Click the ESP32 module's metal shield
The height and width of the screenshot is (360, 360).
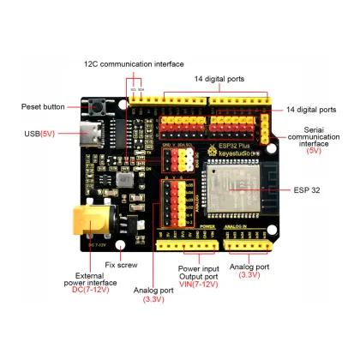pos(227,189)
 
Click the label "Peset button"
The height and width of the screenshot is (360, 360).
pos(43,107)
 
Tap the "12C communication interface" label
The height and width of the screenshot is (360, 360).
pos(133,63)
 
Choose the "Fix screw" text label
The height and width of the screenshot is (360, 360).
pos(122,265)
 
